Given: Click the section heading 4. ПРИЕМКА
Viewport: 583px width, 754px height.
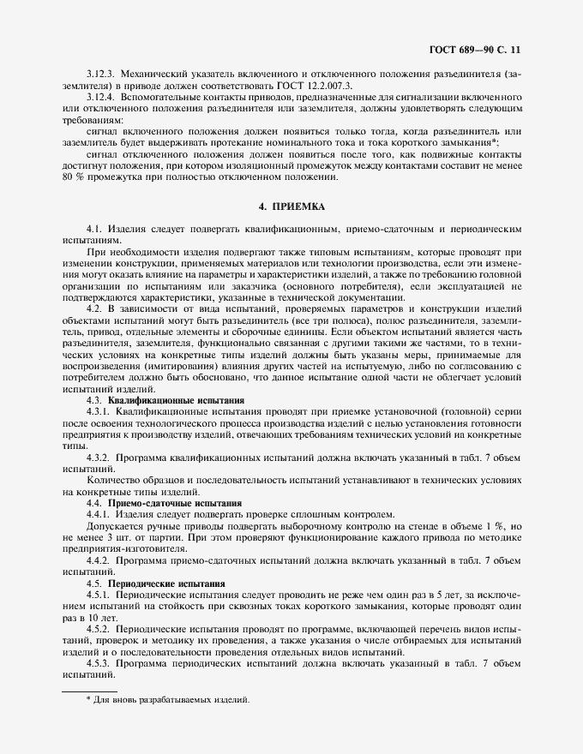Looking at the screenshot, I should coord(291,208).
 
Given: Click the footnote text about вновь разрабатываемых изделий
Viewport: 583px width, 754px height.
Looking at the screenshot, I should coord(167,700).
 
